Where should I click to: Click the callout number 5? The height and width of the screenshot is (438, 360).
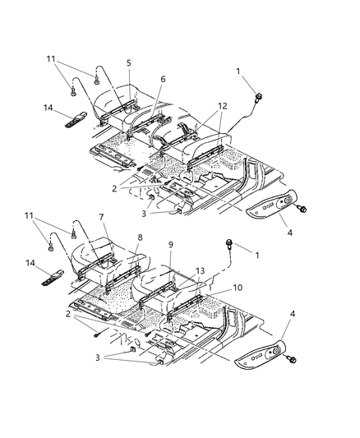pos(128,62)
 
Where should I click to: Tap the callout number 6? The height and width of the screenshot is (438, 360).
pos(162,79)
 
